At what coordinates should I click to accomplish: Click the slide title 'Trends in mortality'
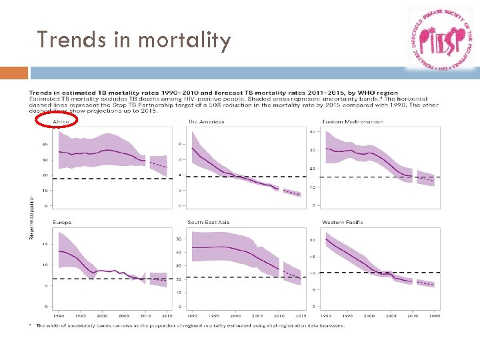pyautogui.click(x=134, y=40)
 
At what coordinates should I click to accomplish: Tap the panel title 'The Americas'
pyautogui.click(x=206, y=121)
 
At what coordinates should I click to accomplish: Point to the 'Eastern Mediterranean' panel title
pyautogui.click(x=353, y=121)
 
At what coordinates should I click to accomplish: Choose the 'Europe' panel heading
pyautogui.click(x=63, y=221)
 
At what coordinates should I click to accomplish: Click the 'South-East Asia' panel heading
pyautogui.click(x=209, y=221)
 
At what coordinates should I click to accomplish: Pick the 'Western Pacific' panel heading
pyautogui.click(x=343, y=221)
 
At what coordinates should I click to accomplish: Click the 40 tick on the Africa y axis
pyautogui.click(x=45, y=144)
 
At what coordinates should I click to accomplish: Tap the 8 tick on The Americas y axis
pyautogui.click(x=179, y=144)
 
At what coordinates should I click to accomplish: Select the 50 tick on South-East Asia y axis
pyautogui.click(x=178, y=239)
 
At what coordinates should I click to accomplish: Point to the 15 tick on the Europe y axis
pyautogui.click(x=45, y=244)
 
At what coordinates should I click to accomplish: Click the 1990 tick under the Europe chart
pyautogui.click(x=59, y=315)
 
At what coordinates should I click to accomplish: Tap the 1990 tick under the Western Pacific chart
pyautogui.click(x=326, y=315)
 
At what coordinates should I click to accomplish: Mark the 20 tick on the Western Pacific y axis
pyautogui.click(x=312, y=240)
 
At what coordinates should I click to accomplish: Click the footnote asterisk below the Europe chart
pyautogui.click(x=31, y=325)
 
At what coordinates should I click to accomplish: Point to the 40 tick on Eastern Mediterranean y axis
pyautogui.click(x=312, y=131)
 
